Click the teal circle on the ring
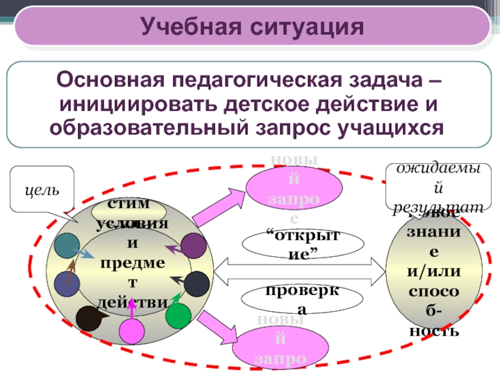66,248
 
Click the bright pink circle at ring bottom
132,329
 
